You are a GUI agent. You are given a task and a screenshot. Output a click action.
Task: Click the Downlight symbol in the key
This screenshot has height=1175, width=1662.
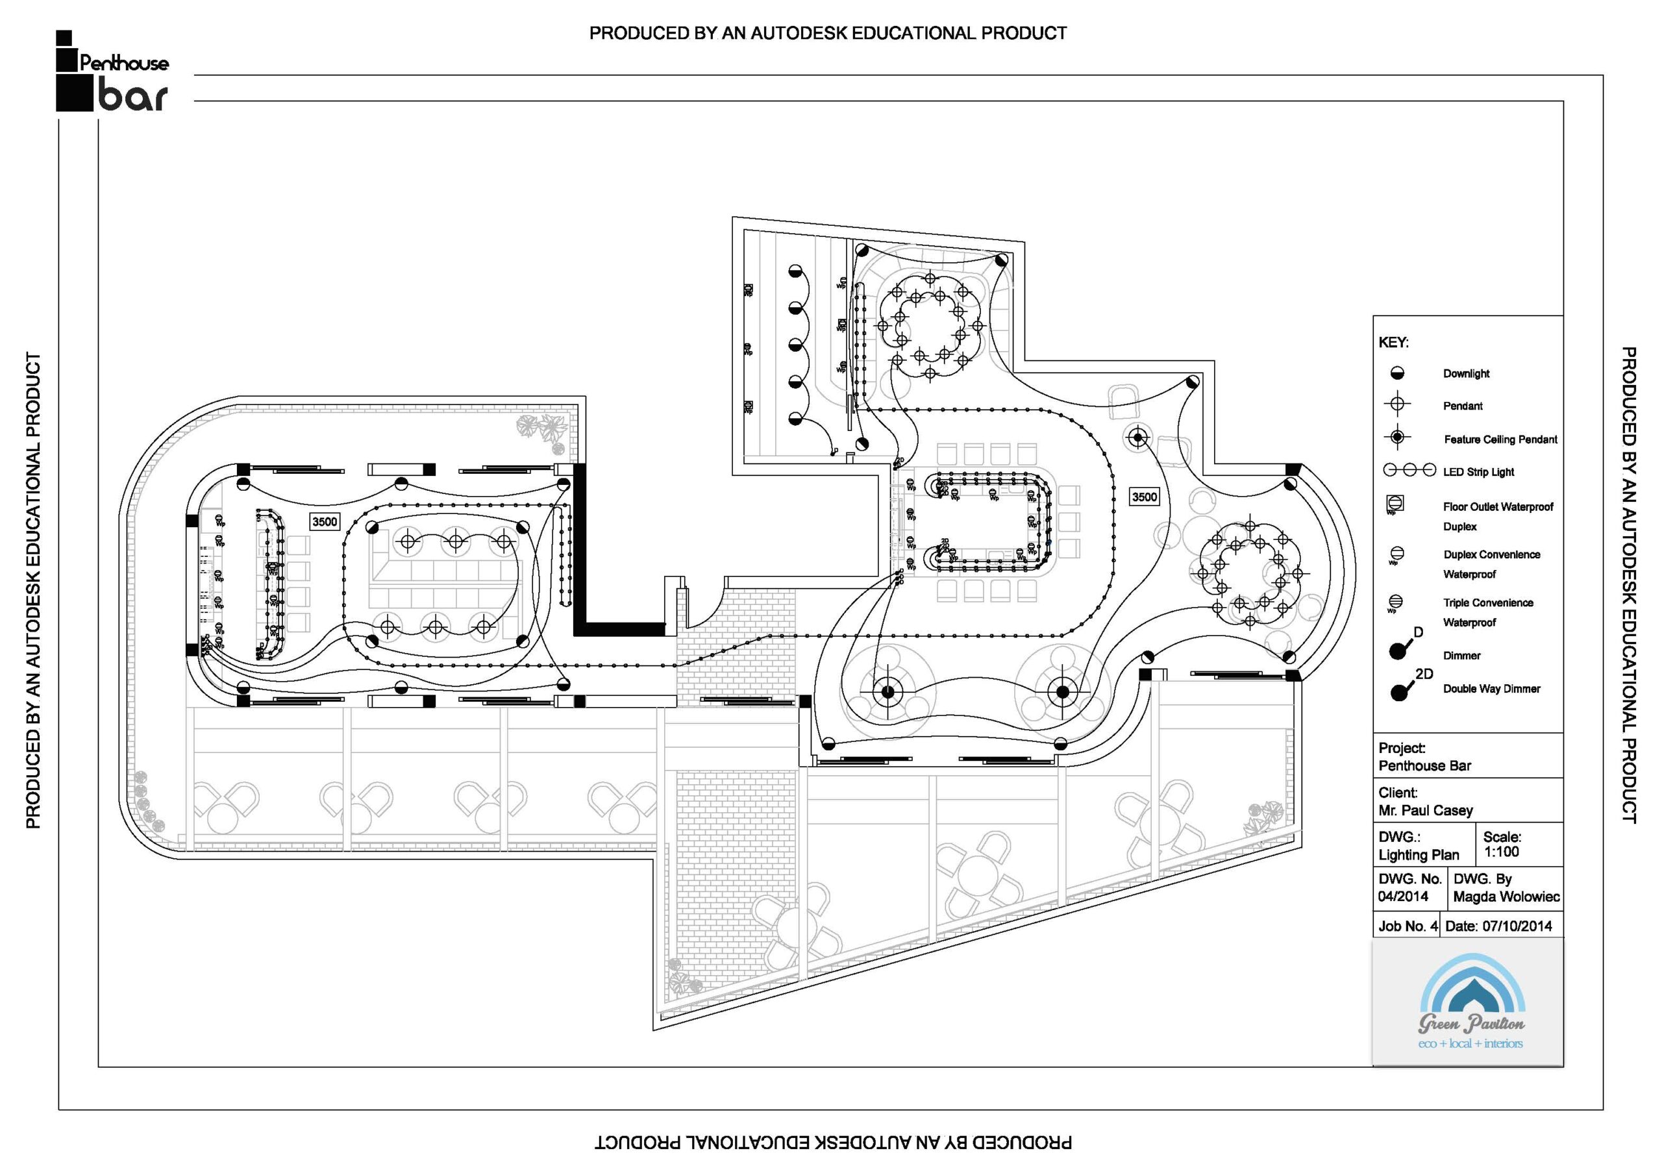pyautogui.click(x=1397, y=373)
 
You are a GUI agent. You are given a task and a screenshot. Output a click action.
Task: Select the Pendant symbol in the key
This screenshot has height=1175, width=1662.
pyautogui.click(x=1397, y=404)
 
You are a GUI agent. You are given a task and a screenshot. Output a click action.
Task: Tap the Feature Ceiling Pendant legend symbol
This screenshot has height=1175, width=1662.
pyautogui.click(x=1397, y=438)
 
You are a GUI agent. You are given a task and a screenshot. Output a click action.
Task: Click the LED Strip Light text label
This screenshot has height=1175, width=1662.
pyautogui.click(x=1478, y=472)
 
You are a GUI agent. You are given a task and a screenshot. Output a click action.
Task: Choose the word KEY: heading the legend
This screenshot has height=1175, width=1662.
pyautogui.click(x=1393, y=342)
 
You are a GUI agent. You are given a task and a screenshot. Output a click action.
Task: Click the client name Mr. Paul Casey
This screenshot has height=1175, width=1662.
pyautogui.click(x=1425, y=810)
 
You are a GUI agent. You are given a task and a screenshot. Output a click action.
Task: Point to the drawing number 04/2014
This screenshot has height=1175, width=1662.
pyautogui.click(x=1403, y=897)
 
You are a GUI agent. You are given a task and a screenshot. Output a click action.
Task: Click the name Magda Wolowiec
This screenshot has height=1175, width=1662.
pyautogui.click(x=1506, y=897)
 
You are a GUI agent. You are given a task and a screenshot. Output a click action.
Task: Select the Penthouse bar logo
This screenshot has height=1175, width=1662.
pyautogui.click(x=112, y=73)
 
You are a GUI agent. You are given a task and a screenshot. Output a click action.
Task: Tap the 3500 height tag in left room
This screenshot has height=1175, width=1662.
pyautogui.click(x=325, y=521)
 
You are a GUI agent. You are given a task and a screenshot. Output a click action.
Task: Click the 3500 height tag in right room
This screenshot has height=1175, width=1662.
pyautogui.click(x=1145, y=497)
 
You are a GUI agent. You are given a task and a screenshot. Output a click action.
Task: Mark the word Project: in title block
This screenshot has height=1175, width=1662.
pyautogui.click(x=1402, y=748)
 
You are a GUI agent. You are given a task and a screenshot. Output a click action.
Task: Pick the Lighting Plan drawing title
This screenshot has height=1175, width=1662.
pyautogui.click(x=1418, y=855)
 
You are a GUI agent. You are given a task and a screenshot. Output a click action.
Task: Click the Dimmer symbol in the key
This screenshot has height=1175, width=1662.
pyautogui.click(x=1400, y=649)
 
